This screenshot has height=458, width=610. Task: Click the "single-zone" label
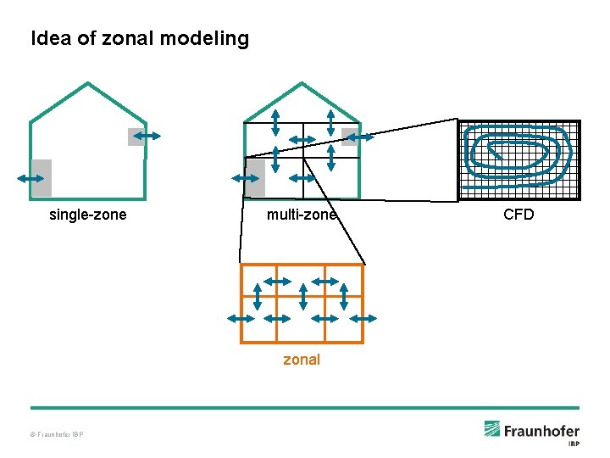[x=88, y=215]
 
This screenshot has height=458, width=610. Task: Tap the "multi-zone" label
[x=302, y=215]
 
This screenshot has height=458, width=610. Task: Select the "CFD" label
[x=518, y=215]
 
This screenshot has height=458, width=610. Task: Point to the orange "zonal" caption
[x=302, y=360]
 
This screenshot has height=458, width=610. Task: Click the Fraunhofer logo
[x=531, y=430]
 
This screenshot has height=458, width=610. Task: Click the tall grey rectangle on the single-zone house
[x=42, y=178]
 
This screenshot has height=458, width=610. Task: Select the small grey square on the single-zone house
[x=136, y=137]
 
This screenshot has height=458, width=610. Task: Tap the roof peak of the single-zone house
[x=88, y=83]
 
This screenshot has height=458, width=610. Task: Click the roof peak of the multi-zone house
[x=302, y=83]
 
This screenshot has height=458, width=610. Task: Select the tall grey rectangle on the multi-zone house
[x=255, y=178]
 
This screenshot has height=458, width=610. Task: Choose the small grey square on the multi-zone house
[x=349, y=137]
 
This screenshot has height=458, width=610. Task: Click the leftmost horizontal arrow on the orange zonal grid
[x=241, y=317]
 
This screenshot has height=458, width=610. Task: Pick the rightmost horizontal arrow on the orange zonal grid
[x=363, y=317]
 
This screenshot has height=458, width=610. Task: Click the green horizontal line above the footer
[x=305, y=408]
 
